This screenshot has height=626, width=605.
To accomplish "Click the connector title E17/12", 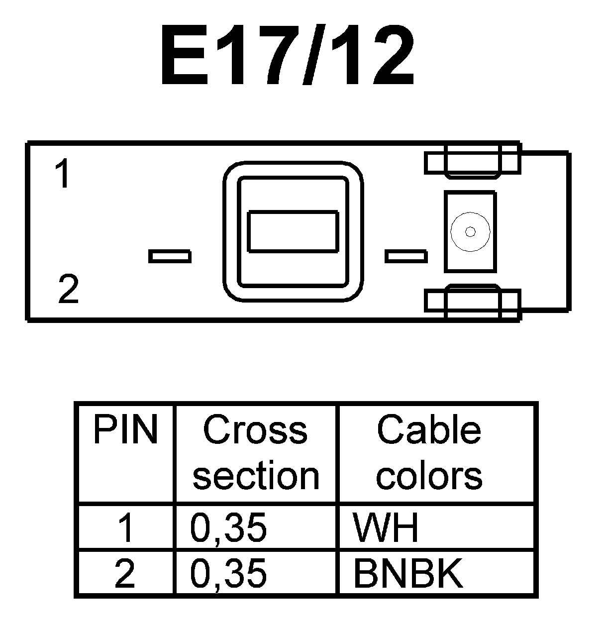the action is (287, 55).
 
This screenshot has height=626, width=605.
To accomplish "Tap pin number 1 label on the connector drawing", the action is (62, 174).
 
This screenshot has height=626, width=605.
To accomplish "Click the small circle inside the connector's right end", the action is (470, 231).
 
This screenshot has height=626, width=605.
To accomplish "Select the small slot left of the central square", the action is (170, 256).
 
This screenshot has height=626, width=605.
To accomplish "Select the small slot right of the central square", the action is (406, 256).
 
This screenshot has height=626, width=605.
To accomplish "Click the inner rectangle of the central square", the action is (294, 231).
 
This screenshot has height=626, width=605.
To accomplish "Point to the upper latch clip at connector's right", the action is (472, 161).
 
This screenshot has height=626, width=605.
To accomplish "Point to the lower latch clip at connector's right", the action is (472, 301).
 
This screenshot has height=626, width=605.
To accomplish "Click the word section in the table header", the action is (255, 475).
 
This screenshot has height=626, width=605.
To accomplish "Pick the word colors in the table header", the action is (429, 475).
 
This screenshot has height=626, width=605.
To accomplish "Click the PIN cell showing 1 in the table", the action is (126, 528).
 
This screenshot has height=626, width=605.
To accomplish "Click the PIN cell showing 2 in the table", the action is (125, 573).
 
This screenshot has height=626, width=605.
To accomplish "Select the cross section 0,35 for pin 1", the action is (228, 528).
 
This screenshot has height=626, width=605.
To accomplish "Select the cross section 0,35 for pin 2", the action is (228, 573).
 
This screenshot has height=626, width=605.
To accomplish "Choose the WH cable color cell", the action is (386, 528).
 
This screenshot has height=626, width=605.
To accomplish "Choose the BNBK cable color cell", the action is (408, 573).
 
